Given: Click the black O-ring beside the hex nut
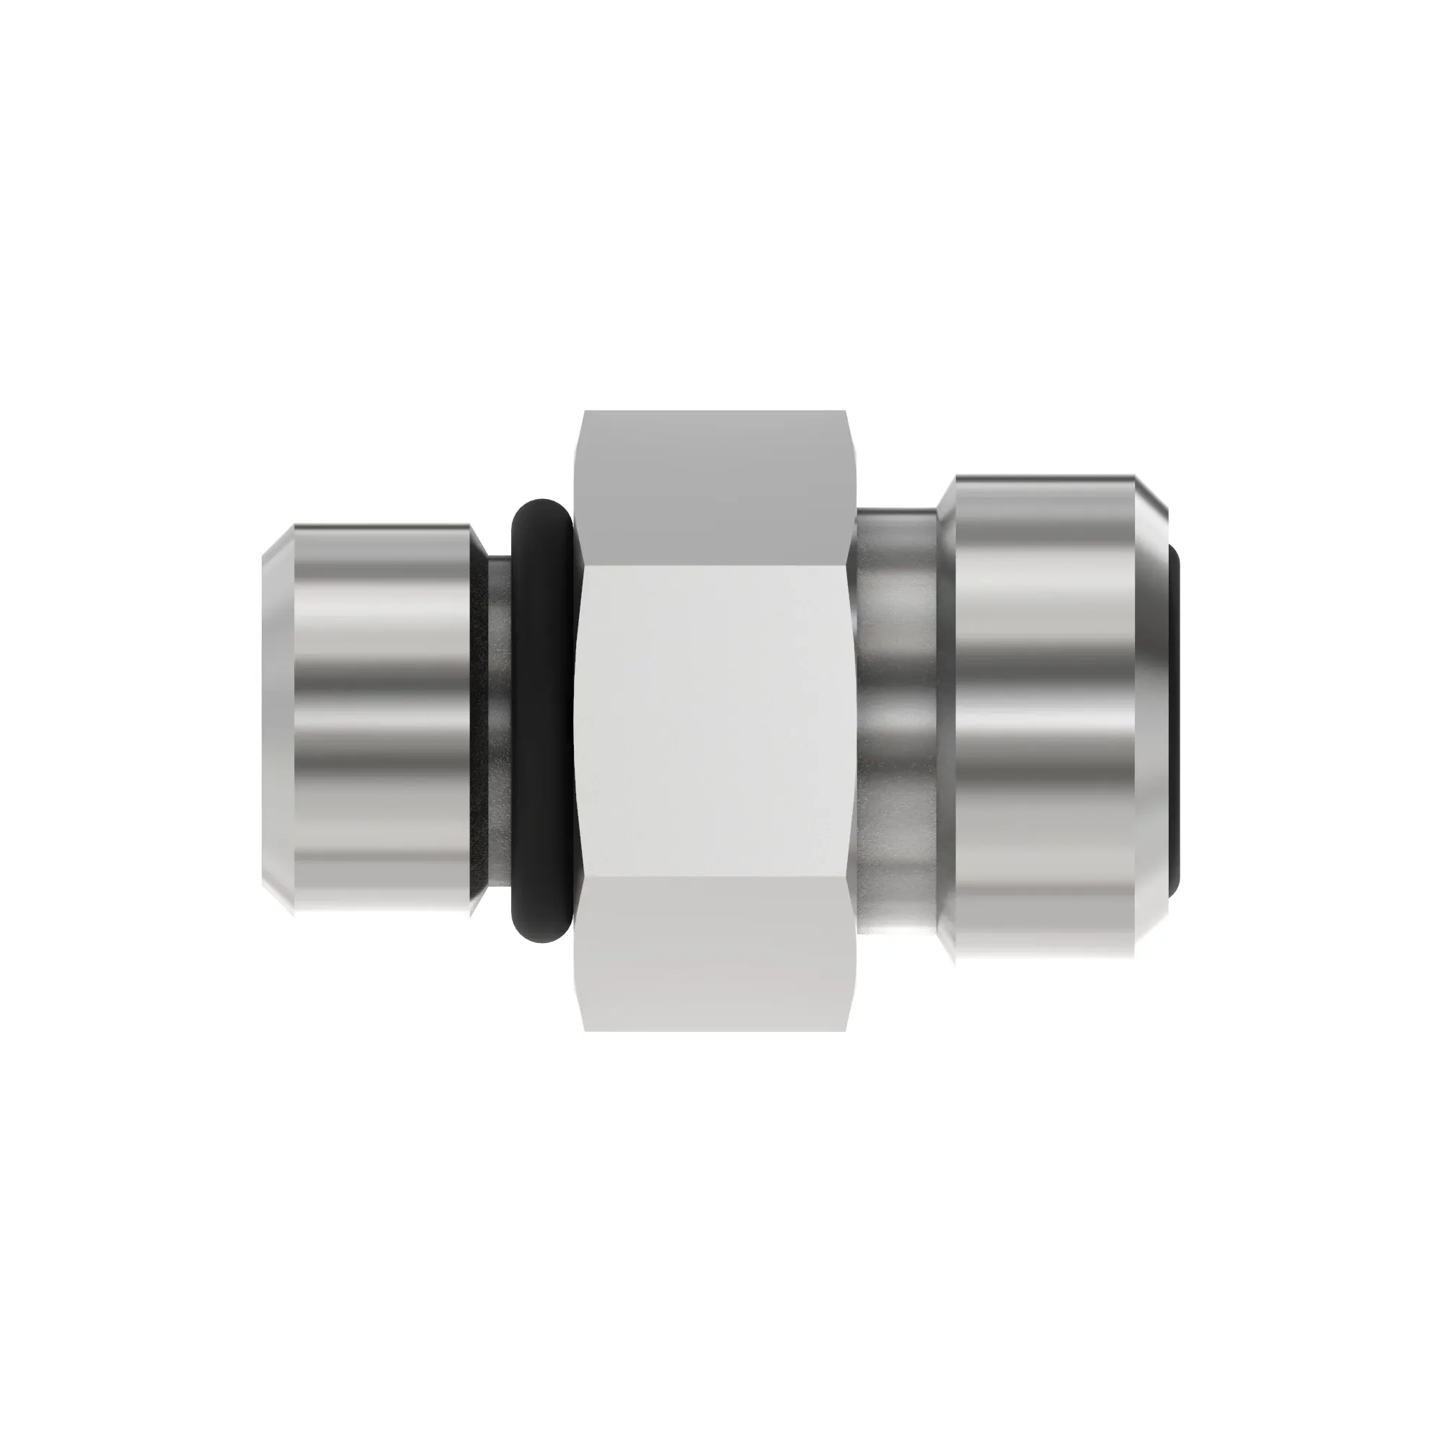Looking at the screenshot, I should click(x=543, y=720).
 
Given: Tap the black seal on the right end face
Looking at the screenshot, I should click(x=1174, y=720).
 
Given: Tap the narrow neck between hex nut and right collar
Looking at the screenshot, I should click(x=895, y=720).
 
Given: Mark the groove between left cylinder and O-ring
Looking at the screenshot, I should click(x=499, y=720).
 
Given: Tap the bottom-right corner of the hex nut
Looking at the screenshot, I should click(x=845, y=1031).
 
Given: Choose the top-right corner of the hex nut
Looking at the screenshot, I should click(x=845, y=412).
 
